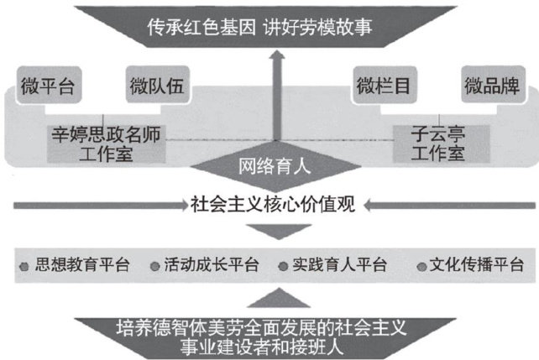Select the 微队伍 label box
tap(156, 86)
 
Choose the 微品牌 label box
tap(491, 86)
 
